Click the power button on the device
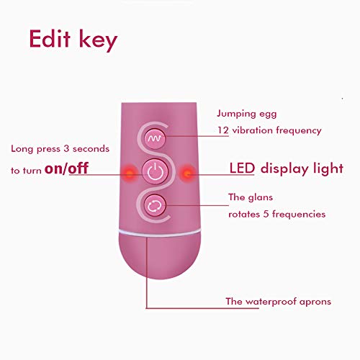point(155,171)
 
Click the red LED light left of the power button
point(130,173)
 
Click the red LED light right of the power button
point(187,173)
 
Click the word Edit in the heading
point(50,39)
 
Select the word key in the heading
point(98,40)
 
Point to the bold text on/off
point(67,168)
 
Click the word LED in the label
point(242,168)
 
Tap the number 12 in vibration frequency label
point(223,130)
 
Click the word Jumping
point(237,114)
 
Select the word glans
point(261,197)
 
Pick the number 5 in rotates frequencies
point(266,214)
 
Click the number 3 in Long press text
point(66,148)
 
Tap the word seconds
point(91,149)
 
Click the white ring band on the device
point(160,233)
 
